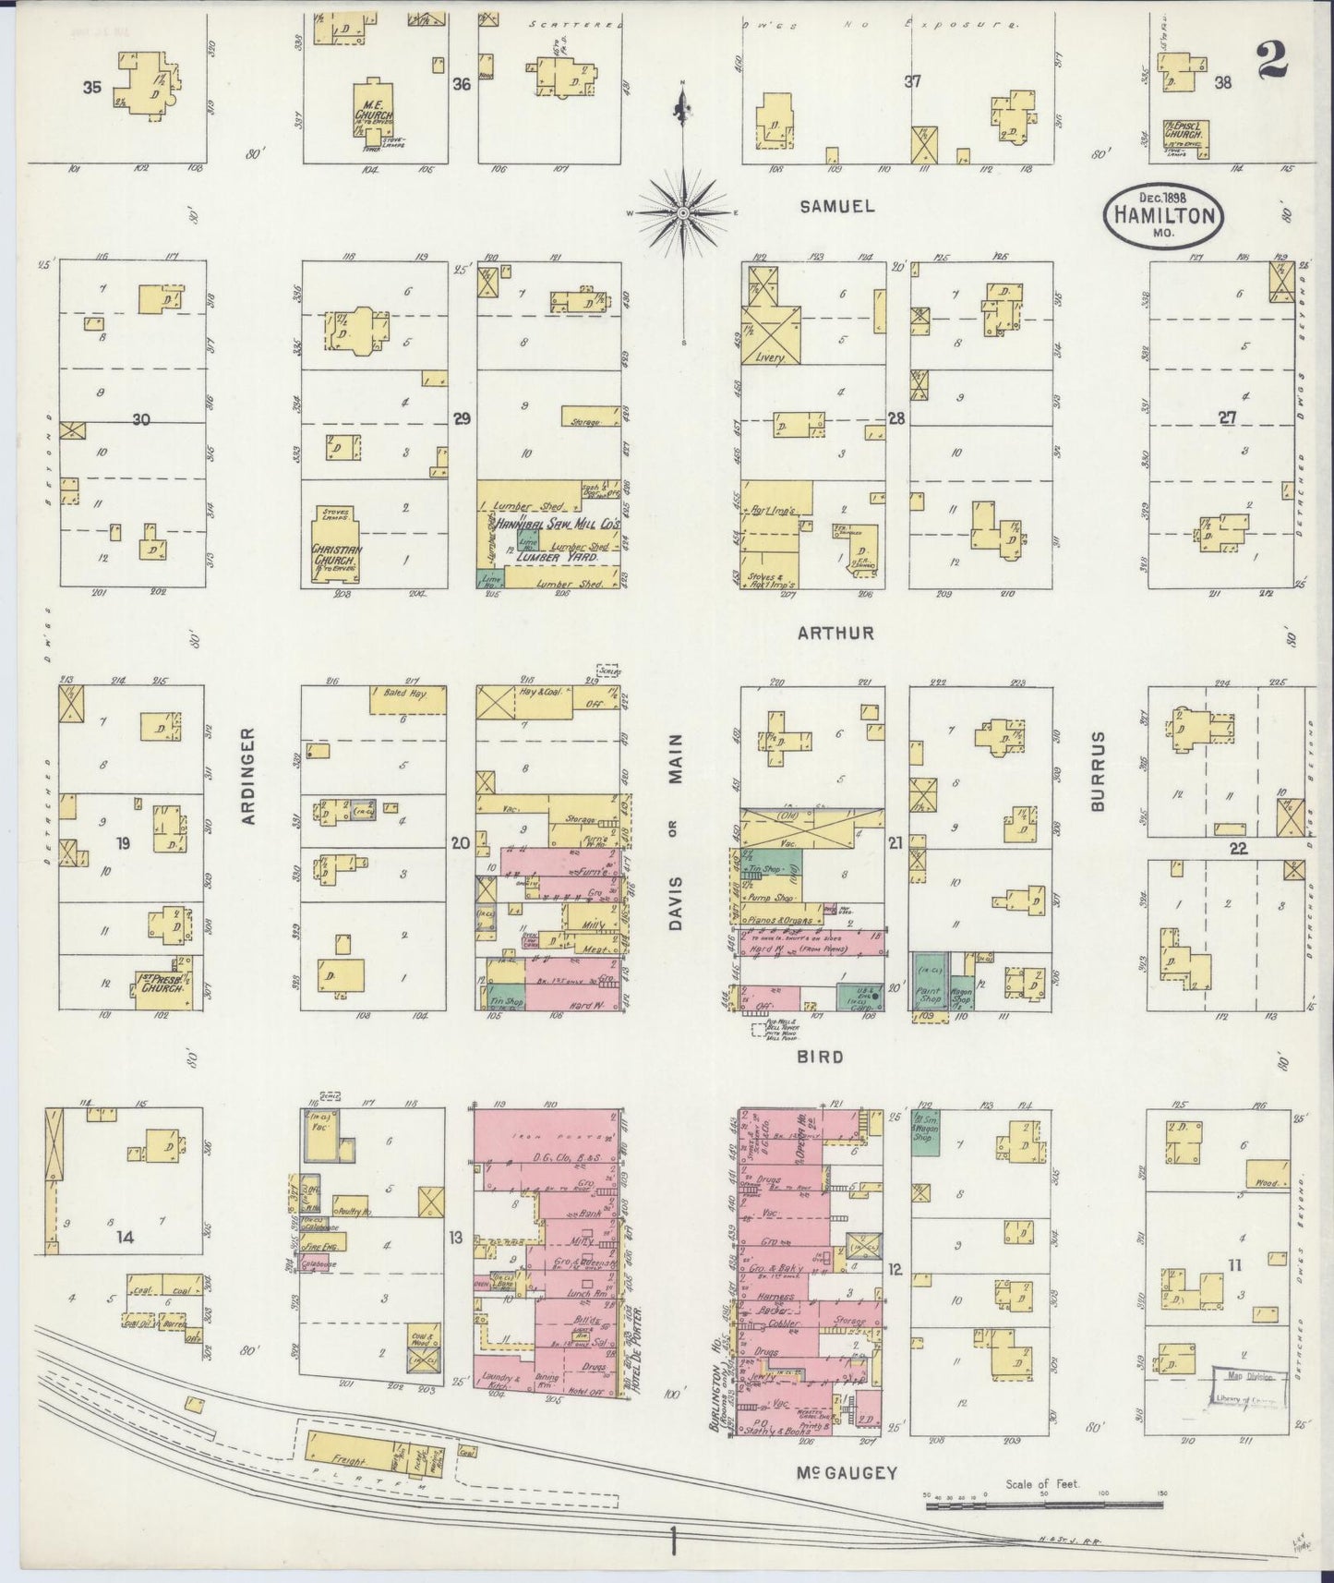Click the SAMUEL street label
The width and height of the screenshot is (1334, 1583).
(x=836, y=207)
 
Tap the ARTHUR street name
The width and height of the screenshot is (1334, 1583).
(x=836, y=634)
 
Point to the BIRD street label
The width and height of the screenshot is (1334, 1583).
(x=821, y=1056)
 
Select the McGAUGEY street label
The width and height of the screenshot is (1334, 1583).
(x=847, y=1474)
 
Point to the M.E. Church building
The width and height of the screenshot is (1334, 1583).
(x=373, y=116)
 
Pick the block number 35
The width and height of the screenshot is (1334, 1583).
(x=90, y=90)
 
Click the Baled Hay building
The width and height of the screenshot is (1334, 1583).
(x=407, y=699)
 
